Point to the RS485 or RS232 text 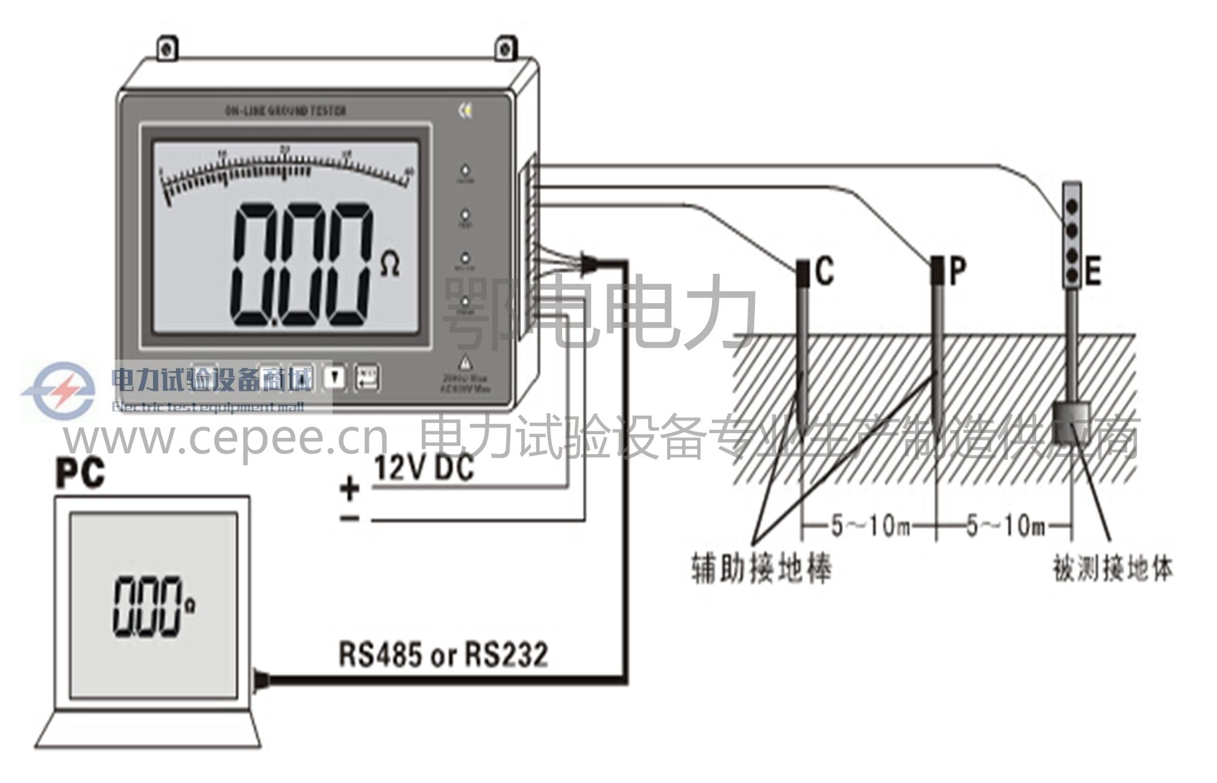443,655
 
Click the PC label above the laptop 80,473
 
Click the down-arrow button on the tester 336,378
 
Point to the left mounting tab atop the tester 167,49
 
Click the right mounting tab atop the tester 505,49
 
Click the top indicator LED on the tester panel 465,170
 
